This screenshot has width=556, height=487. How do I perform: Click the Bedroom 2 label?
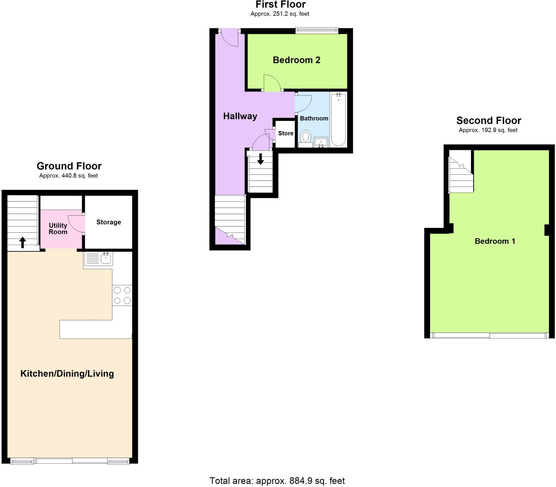296,60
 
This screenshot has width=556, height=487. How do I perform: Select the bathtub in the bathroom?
338,120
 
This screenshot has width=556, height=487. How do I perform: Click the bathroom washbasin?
321,142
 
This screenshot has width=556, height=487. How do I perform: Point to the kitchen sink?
105,258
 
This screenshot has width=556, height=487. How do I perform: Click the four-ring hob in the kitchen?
122,296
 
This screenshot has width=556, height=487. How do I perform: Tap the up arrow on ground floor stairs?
23,242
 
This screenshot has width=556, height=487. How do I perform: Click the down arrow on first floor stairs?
260,159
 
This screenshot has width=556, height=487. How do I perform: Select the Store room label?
286,133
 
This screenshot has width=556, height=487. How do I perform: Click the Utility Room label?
58,228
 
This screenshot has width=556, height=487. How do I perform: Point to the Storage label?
108,222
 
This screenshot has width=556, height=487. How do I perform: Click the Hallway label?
240,116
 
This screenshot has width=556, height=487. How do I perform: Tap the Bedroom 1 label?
495,241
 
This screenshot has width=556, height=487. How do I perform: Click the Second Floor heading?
488,120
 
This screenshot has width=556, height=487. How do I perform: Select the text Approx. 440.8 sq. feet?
68,175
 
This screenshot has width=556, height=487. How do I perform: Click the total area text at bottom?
277,481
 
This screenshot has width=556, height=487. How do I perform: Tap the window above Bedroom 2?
317,30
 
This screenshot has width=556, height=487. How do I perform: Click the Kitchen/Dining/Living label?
67,374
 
